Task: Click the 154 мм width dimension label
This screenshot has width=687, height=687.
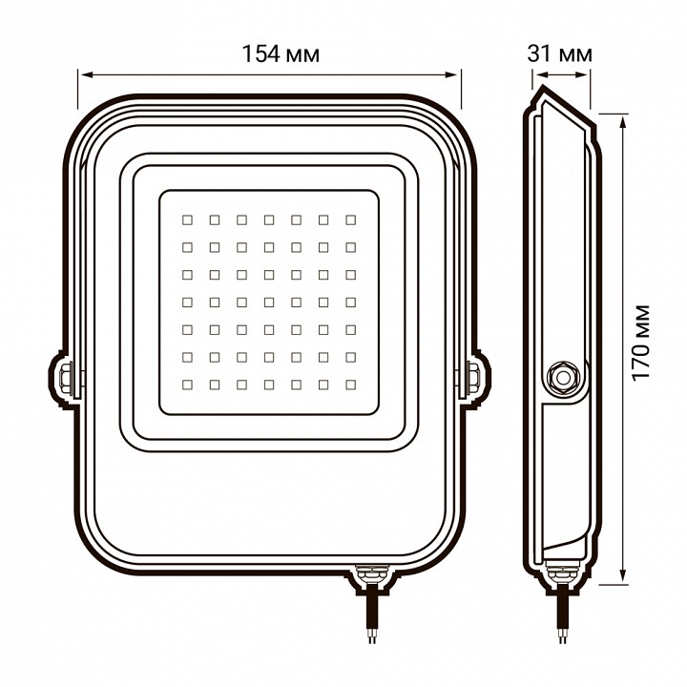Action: point(281,53)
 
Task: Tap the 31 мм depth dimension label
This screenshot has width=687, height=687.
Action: point(559,53)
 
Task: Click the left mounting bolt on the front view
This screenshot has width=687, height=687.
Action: point(67,377)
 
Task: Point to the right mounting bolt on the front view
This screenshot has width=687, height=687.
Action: point(474,377)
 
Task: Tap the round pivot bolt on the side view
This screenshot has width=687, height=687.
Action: point(560,378)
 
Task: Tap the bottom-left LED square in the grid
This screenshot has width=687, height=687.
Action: point(187,385)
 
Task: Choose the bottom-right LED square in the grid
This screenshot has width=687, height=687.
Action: point(351,385)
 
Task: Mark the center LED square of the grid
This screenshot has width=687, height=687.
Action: point(269,302)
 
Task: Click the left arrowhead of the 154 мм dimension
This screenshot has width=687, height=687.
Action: point(82,73)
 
